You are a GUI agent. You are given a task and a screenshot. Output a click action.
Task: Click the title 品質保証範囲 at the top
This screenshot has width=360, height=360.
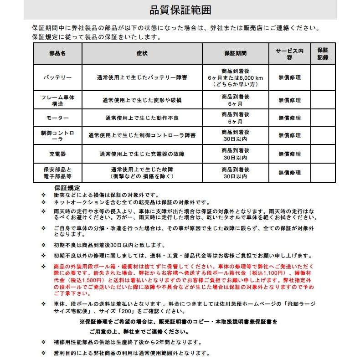click(x=180, y=10)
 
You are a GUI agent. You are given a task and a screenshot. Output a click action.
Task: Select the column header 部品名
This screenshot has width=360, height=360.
click(x=57, y=53)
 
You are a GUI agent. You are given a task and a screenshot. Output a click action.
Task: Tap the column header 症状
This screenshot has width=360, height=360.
click(x=142, y=53)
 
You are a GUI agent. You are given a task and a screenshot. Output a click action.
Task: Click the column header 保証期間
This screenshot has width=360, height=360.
click(x=235, y=53)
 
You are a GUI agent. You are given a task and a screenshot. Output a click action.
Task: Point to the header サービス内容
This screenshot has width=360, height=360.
click(x=289, y=54)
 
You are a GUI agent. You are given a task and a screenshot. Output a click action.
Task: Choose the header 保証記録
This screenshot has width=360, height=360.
click(x=323, y=53)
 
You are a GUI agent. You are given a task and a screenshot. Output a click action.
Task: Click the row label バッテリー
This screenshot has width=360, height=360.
click(x=57, y=77)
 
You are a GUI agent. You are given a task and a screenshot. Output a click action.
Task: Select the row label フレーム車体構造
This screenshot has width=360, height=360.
click(x=57, y=100)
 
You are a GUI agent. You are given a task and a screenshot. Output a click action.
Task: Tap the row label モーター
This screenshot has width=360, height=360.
click(x=57, y=118)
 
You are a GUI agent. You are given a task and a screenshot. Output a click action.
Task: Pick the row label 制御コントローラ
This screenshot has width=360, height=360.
click(x=57, y=135)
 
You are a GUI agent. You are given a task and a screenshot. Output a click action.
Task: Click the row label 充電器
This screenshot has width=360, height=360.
click(x=57, y=154)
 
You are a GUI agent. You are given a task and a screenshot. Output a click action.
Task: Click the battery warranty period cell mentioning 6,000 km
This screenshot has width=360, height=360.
click(x=235, y=78)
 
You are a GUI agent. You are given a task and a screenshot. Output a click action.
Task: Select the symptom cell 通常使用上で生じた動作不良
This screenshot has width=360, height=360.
click(x=142, y=118)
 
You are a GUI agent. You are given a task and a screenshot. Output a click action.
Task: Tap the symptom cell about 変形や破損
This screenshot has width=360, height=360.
click(x=142, y=100)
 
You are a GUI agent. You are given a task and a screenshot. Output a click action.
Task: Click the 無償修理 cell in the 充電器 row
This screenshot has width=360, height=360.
click(x=289, y=154)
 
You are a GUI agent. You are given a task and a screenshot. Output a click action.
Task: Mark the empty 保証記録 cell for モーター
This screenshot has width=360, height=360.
click(x=323, y=118)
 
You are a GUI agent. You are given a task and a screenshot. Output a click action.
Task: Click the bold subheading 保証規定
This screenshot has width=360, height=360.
click(x=67, y=188)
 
